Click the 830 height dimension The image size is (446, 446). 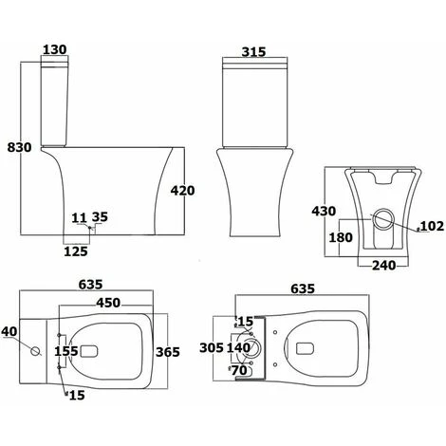(x=20, y=147)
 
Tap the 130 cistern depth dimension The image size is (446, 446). (x=55, y=49)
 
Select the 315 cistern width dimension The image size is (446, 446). (x=254, y=52)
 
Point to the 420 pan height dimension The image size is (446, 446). (x=183, y=191)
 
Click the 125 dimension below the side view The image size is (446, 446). (x=76, y=251)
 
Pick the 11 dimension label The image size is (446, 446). (x=79, y=218)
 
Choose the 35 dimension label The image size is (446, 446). (x=100, y=217)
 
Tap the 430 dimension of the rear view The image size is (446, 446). (x=324, y=211)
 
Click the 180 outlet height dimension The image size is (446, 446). (x=341, y=237)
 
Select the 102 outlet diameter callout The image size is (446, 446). (x=432, y=226)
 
